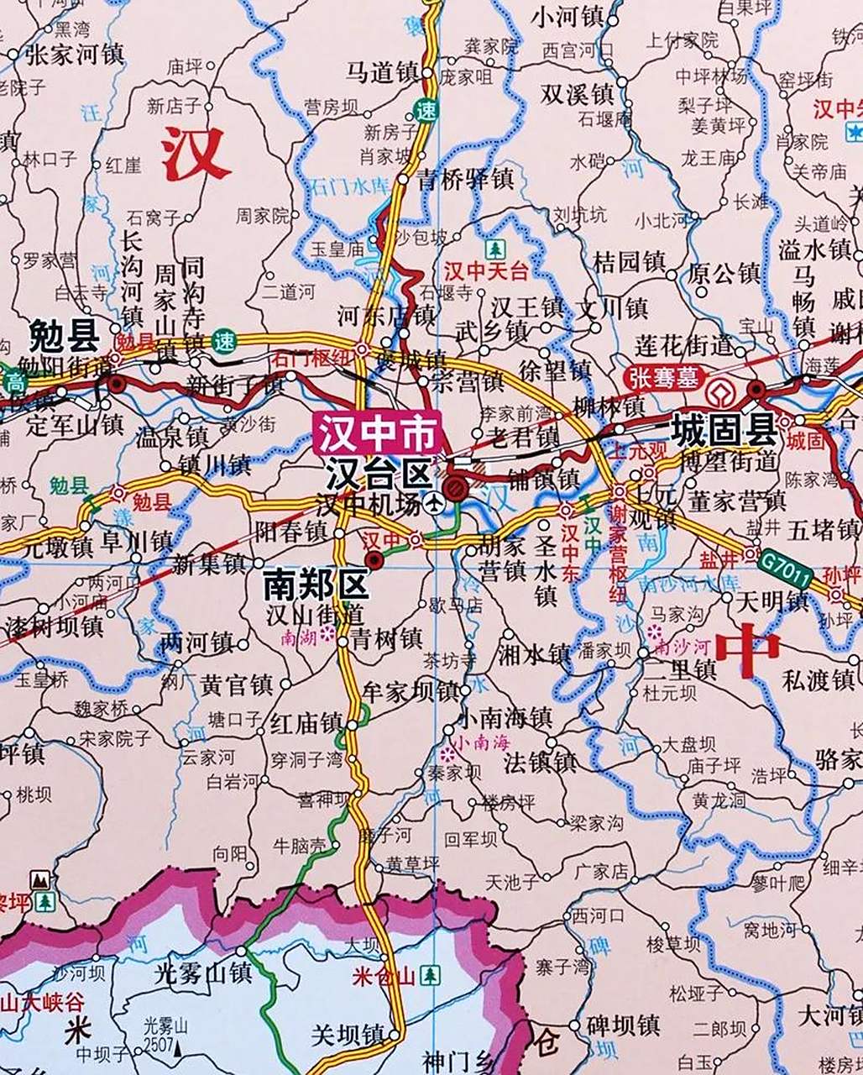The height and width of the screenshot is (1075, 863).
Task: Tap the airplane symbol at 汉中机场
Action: (433, 503)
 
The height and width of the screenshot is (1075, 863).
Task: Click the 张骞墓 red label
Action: (665, 378)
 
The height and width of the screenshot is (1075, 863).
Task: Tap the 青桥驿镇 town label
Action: (465, 179)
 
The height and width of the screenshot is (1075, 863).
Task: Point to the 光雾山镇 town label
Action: (203, 973)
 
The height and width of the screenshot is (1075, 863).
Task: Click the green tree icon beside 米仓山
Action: (430, 975)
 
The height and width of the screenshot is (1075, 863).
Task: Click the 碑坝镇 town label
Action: (623, 1026)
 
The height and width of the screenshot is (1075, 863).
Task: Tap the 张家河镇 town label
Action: (75, 55)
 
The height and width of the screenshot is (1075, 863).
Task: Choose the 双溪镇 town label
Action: (577, 93)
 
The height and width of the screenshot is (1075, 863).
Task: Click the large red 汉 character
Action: (196, 155)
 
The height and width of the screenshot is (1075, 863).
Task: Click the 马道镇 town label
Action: (382, 74)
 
